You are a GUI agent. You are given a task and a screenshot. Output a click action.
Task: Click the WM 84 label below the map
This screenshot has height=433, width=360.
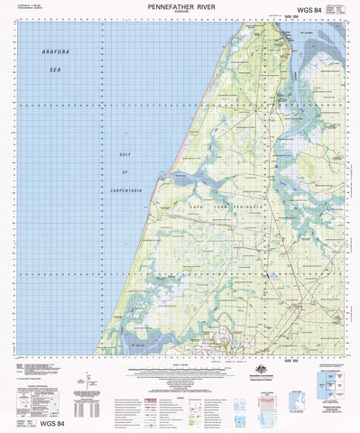click(290, 359)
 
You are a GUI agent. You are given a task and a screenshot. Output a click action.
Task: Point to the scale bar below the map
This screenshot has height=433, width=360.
click(180, 366)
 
